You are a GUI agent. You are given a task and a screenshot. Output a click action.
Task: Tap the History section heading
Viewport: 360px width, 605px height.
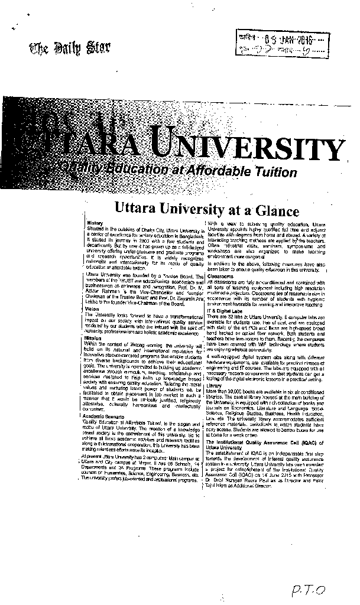point(95,223)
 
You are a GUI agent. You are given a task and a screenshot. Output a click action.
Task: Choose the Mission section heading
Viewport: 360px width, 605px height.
point(93,321)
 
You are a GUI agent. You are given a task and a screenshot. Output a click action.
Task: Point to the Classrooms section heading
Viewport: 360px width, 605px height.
point(221,276)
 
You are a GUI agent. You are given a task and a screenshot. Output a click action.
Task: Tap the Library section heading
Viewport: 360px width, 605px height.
point(215,385)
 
